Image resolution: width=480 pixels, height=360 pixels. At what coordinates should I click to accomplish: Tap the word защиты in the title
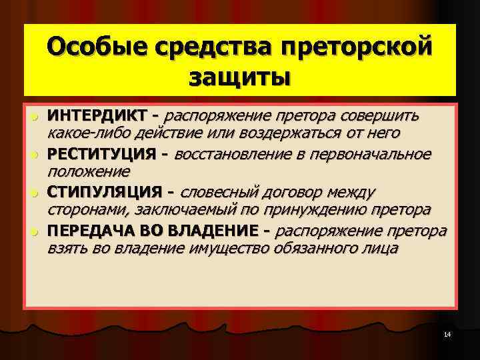click(x=239, y=77)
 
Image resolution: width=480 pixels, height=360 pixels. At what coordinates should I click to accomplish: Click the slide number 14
click(x=447, y=333)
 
